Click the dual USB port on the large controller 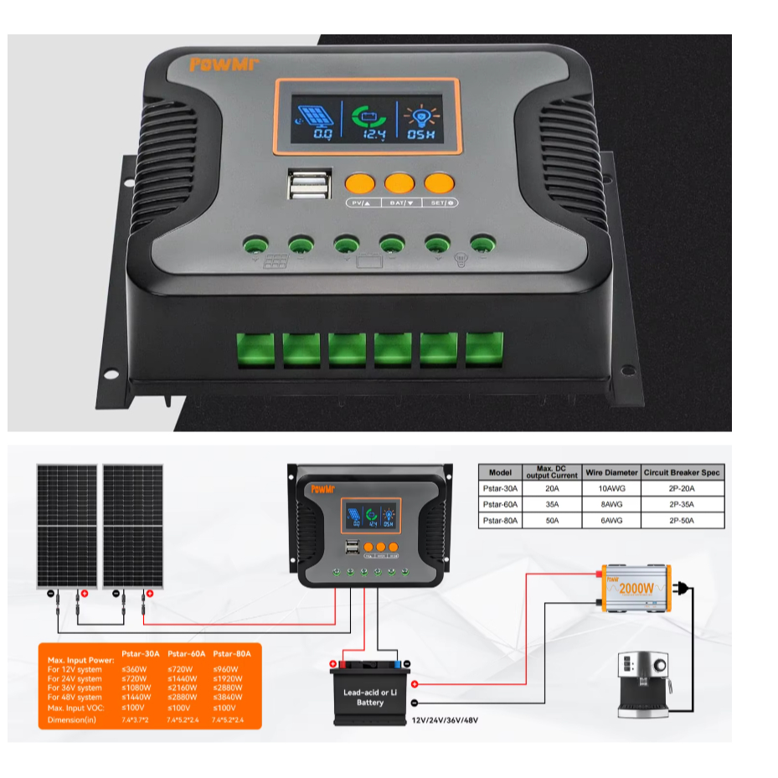pyautogui.click(x=301, y=184)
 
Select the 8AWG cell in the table pyautogui.click(x=610, y=505)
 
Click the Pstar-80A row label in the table pyautogui.click(x=500, y=521)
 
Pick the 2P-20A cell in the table pyautogui.click(x=681, y=489)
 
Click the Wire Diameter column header pyautogui.click(x=610, y=473)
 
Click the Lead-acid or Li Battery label pyautogui.click(x=369, y=697)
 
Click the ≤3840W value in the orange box pyautogui.click(x=226, y=697)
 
